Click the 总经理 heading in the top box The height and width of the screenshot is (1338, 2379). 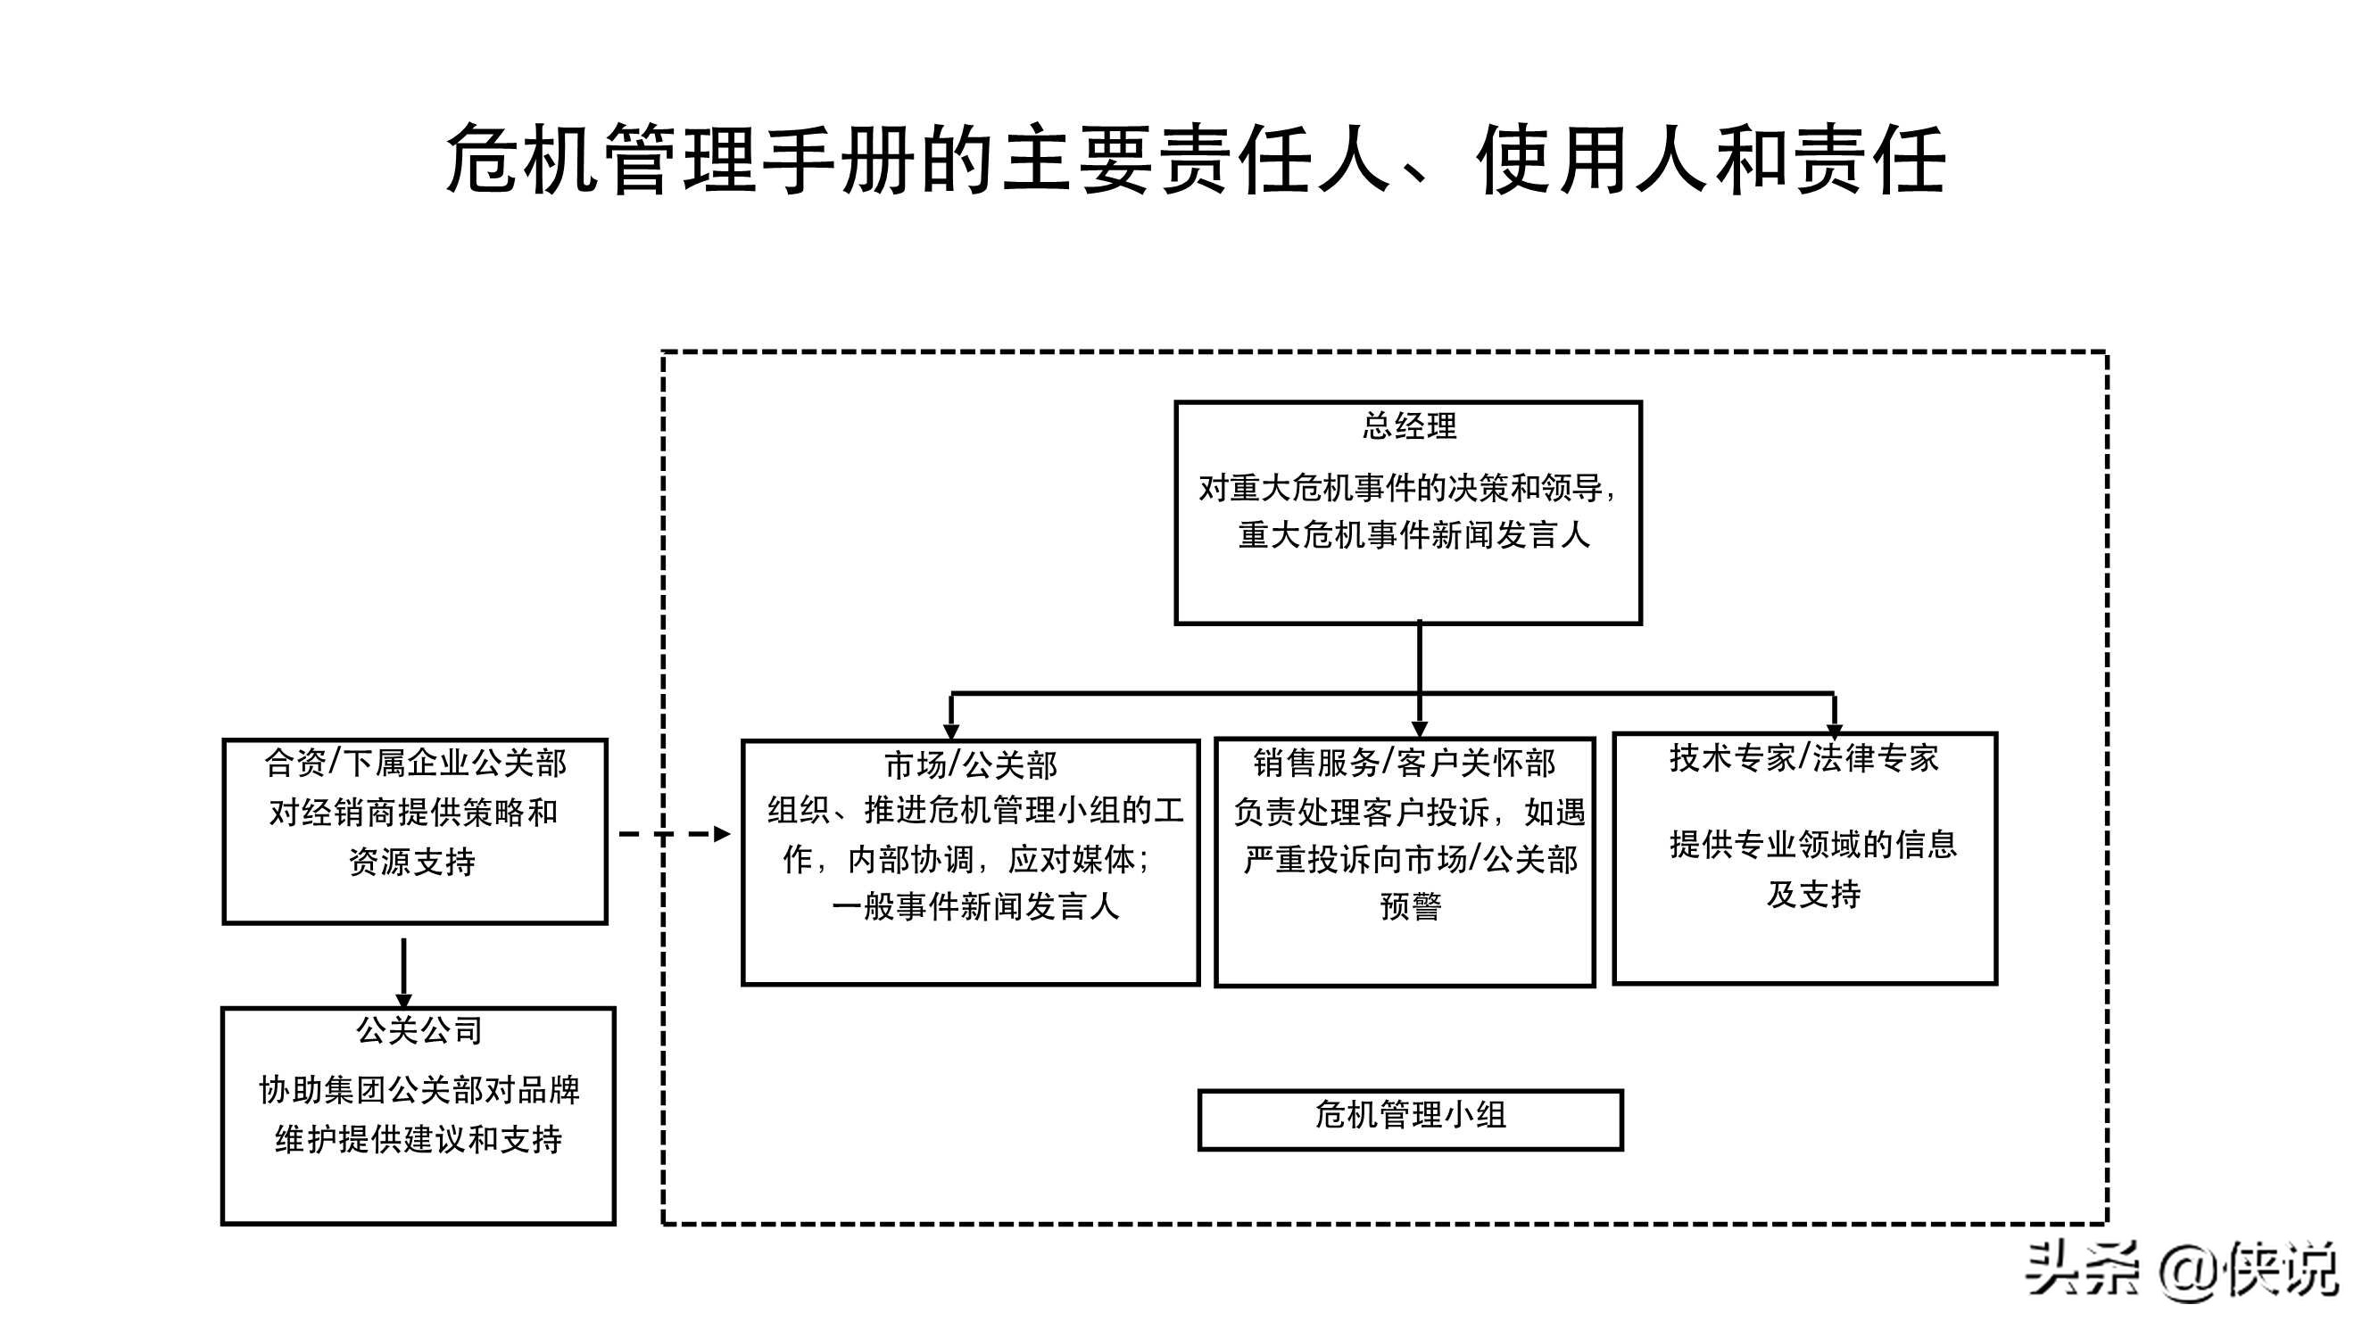click(1408, 425)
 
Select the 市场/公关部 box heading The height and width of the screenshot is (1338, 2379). click(970, 764)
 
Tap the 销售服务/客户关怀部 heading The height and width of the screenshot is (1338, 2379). click(1404, 763)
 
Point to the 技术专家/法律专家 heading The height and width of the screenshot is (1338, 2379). click(1803, 758)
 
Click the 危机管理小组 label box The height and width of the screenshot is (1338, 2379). click(1410, 1119)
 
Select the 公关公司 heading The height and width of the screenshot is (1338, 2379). click(419, 1029)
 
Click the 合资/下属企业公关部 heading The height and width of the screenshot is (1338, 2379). click(415, 763)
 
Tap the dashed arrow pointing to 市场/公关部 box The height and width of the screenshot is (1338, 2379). click(675, 834)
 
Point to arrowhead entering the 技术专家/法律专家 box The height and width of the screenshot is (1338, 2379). click(1834, 729)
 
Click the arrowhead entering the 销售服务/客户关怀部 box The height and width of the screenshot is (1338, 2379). click(1420, 729)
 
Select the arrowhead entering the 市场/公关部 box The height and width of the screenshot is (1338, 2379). click(951, 731)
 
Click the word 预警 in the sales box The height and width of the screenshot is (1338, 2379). click(1410, 906)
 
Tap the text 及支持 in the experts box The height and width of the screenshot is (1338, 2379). click(1813, 894)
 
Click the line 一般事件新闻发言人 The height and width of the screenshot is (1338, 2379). click(975, 907)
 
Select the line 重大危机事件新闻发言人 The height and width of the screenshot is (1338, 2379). click(1413, 534)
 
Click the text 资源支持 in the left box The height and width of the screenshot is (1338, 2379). click(412, 862)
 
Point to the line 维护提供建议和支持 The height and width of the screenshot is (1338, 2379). click(419, 1139)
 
